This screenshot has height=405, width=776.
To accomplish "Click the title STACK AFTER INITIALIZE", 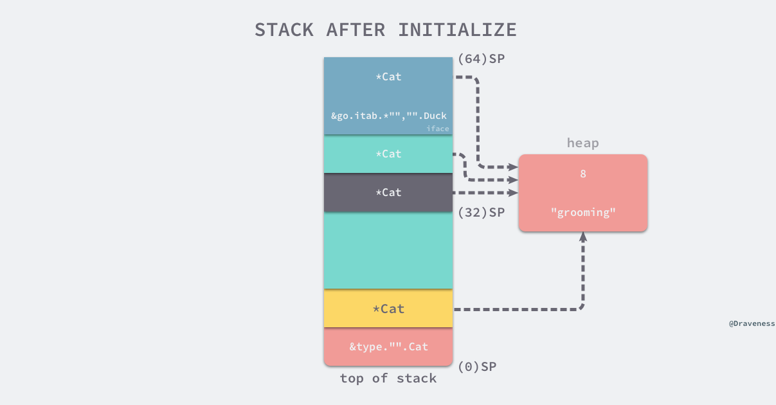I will [386, 30].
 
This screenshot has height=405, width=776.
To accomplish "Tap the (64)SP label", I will [481, 59].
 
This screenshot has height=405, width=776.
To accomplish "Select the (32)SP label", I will [481, 212].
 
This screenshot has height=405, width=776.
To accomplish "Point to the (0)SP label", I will [477, 366].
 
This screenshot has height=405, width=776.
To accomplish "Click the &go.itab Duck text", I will [388, 116].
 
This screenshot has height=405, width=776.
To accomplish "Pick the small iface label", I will [437, 129].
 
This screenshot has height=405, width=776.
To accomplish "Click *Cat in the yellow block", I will [388, 309].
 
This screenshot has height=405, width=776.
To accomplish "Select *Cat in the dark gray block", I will [388, 192].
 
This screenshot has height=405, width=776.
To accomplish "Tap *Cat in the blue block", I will [388, 76].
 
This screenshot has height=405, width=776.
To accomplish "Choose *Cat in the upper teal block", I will [388, 154].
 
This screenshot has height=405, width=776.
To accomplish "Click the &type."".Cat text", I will [388, 347].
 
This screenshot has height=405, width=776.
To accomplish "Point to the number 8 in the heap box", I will [583, 174].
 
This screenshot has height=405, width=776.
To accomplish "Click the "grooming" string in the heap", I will [583, 212].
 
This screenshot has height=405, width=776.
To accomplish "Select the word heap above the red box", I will [582, 143].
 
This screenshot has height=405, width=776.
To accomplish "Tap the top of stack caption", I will [388, 379].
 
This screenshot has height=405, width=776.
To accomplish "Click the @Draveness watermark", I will [752, 324].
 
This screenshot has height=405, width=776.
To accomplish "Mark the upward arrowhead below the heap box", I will [583, 237].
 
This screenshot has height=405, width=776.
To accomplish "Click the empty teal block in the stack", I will [388, 251].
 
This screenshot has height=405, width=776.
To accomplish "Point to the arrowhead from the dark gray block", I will [513, 192].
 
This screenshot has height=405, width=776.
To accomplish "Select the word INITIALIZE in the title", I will [457, 30].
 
